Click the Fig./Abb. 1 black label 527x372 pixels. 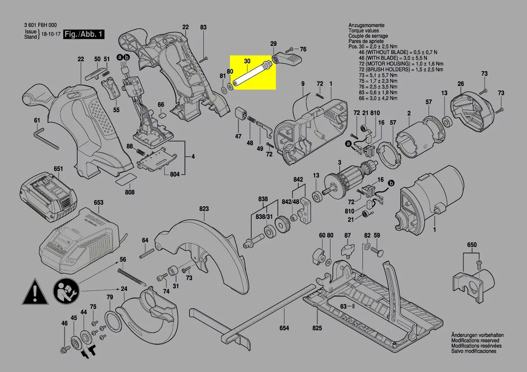(x=83, y=34)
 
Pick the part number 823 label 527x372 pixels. (x=204, y=209)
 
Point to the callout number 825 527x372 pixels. (x=317, y=328)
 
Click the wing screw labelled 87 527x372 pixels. (x=348, y=249)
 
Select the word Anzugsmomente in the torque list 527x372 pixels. (x=363, y=25)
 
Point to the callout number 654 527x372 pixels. (x=284, y=328)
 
